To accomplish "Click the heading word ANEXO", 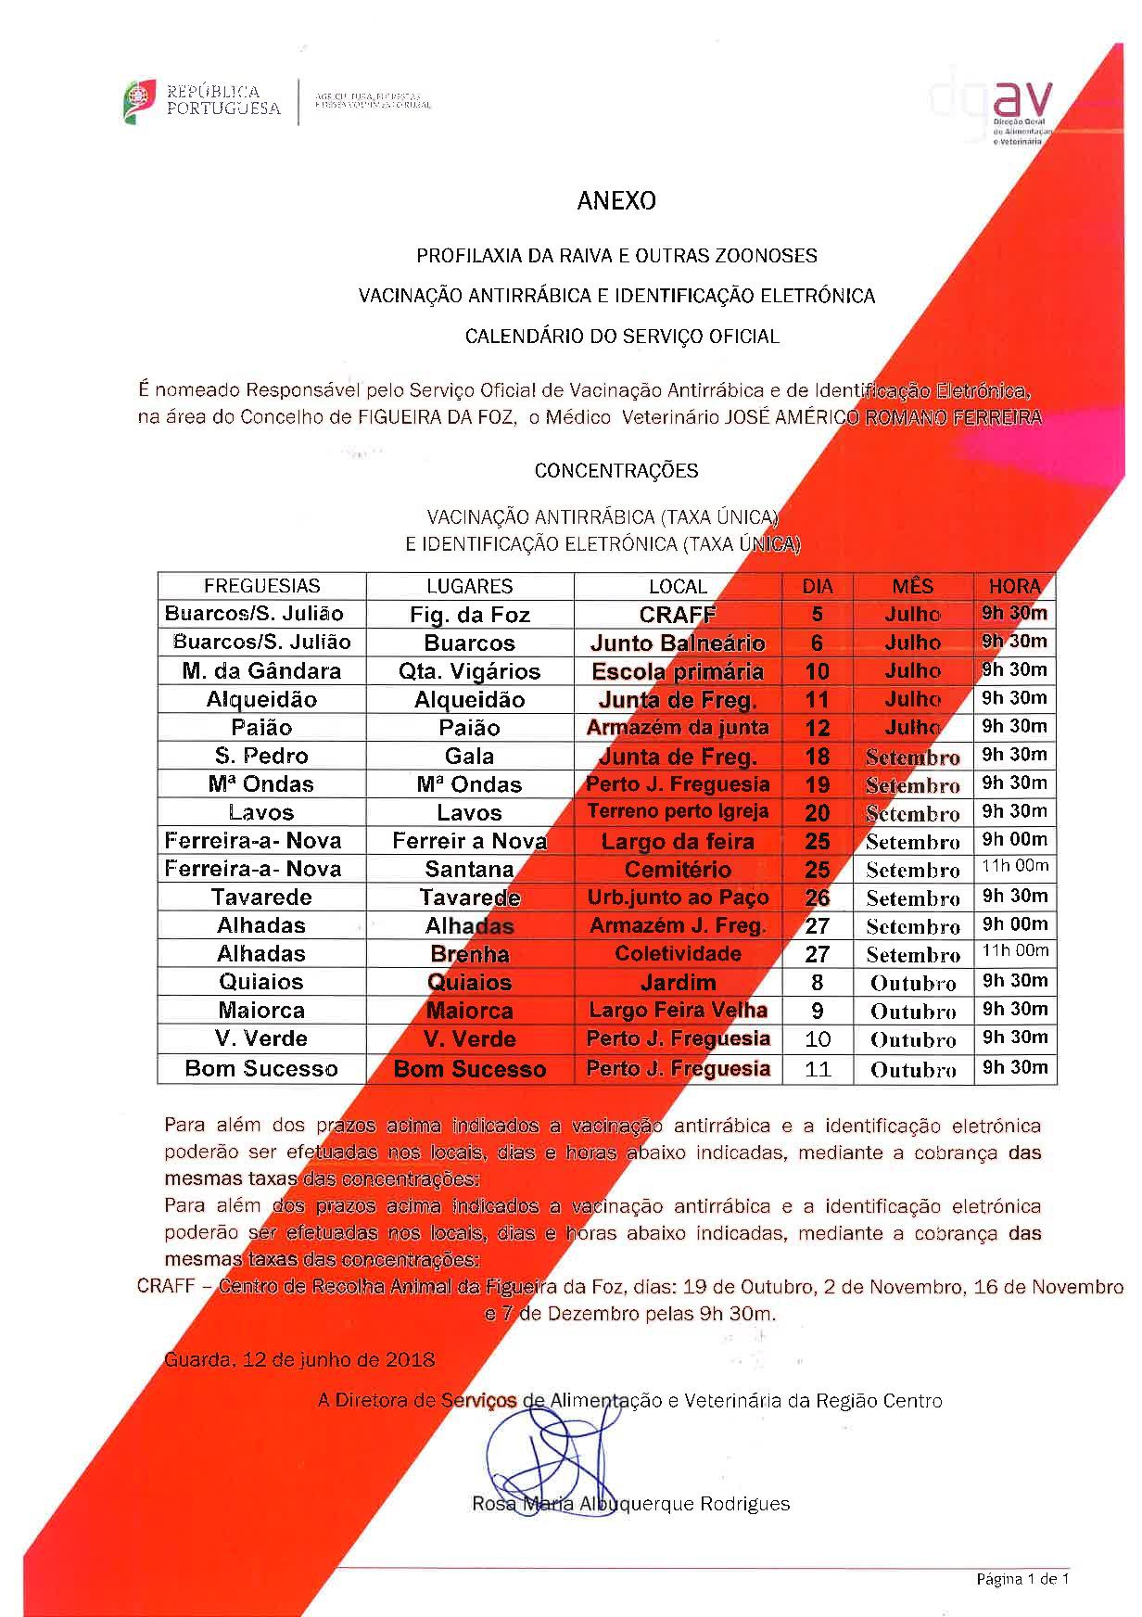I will [615, 201].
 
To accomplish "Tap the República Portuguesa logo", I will [202, 101].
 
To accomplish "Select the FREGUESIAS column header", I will [261, 586].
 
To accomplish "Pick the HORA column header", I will [1014, 586].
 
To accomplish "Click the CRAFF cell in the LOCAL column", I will [678, 614].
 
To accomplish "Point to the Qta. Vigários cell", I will [469, 671].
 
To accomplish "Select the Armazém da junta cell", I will [678, 728].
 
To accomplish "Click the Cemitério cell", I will [678, 870].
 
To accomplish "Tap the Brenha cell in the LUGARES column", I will [469, 954].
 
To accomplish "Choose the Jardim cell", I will [678, 982].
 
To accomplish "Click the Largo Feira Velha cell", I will [678, 1010].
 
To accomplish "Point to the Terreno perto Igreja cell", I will [678, 812].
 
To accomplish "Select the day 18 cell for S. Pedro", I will [817, 757].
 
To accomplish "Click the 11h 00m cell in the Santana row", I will [1014, 867].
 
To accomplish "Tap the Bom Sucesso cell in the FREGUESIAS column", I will [261, 1068].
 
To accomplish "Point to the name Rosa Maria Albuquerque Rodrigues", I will [630, 1504].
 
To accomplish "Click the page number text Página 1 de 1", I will [1022, 1579].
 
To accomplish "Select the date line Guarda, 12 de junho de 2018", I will [299, 1360].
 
